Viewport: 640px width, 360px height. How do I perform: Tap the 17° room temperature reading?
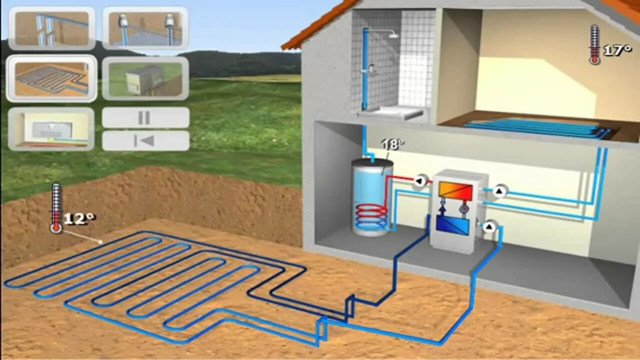[x=617, y=50]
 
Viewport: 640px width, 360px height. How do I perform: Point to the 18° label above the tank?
[x=392, y=144]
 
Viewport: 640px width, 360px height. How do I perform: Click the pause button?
[x=145, y=117]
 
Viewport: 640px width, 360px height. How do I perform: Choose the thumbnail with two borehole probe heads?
[x=145, y=28]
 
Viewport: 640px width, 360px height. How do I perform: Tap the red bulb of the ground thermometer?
[x=55, y=227]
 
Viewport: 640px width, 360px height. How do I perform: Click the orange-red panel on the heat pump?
[x=455, y=190]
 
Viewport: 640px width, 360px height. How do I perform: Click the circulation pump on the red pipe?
[x=420, y=181]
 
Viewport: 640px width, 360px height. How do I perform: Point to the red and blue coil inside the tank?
[x=370, y=216]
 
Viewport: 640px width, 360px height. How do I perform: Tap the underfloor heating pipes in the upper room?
[x=537, y=127]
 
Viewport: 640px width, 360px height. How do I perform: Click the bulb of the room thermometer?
[x=594, y=60]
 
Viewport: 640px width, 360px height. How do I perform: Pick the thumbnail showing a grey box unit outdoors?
[x=145, y=78]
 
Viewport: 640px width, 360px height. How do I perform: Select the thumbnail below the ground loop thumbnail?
[x=51, y=129]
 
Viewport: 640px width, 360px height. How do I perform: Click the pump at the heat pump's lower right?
[x=489, y=227]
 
